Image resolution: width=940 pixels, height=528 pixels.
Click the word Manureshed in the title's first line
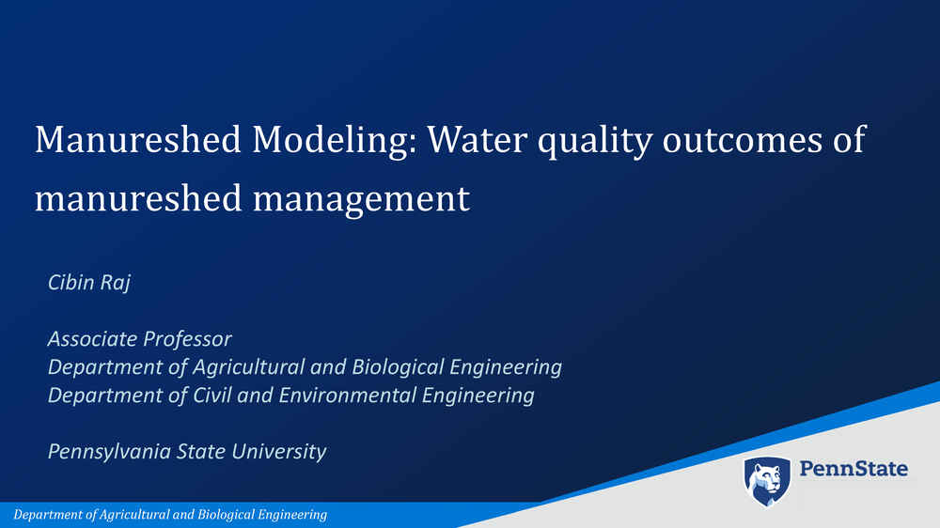pos(138,139)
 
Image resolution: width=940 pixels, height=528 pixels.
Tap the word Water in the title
pos(478,139)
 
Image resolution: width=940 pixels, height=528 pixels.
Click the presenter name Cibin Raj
pos(89,282)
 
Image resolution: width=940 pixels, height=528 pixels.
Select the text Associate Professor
pos(140,338)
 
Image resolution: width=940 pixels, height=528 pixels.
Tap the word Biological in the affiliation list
pos(397,366)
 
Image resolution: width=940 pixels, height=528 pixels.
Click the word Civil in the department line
pos(212,395)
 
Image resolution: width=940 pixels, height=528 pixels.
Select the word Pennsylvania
pos(108,452)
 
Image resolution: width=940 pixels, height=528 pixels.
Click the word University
pos(279,452)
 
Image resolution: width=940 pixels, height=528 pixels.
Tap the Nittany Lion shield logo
pos(767,481)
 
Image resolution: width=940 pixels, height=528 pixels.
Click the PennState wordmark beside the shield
pos(854,469)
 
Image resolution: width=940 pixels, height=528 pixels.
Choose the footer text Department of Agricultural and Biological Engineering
pos(170,515)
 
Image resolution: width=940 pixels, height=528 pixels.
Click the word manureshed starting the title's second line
pos(138,198)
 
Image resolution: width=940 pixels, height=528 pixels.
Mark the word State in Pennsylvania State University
pos(200,451)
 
